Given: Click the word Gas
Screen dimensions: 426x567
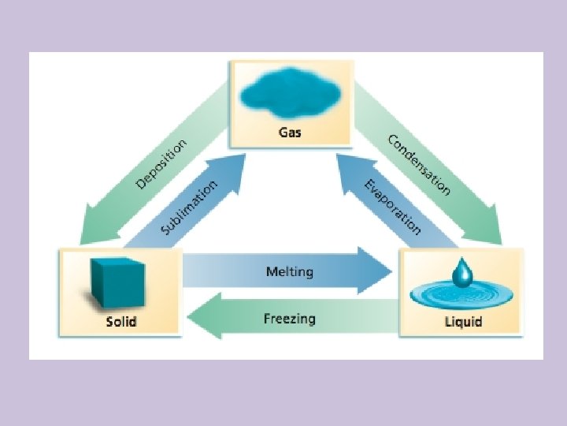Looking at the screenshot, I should click(289, 132).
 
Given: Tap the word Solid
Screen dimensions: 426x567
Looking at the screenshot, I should click(121, 321).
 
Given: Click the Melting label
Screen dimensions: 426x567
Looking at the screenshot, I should click(289, 272).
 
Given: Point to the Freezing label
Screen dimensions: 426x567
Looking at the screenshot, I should click(289, 319).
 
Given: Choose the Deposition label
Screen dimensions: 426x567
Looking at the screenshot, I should click(163, 165).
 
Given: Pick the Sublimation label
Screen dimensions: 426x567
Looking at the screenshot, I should click(189, 207).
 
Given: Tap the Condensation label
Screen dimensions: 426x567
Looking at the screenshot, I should click(419, 165).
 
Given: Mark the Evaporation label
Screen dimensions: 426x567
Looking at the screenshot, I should click(392, 207).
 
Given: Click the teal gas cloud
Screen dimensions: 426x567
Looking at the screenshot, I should click(289, 93).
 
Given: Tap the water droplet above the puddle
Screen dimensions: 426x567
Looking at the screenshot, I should click(462, 274).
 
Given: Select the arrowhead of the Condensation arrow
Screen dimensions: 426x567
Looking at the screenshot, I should click(492, 232).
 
